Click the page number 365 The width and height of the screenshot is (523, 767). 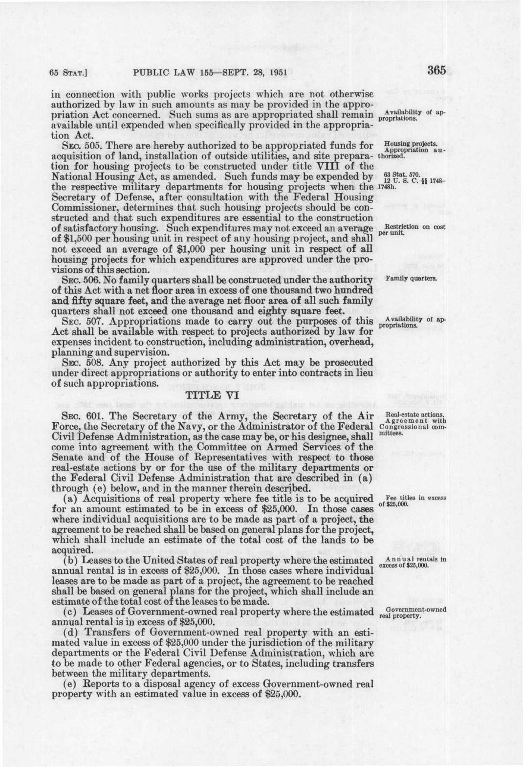[x=436, y=70]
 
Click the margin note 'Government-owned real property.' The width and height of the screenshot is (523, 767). [x=413, y=613]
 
